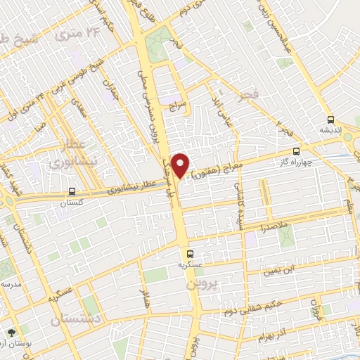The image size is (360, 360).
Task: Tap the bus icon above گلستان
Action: (72, 191)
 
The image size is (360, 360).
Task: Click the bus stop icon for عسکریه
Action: (189, 254)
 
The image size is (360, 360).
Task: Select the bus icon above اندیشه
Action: (330, 120)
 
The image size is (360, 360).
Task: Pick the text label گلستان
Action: (72, 201)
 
